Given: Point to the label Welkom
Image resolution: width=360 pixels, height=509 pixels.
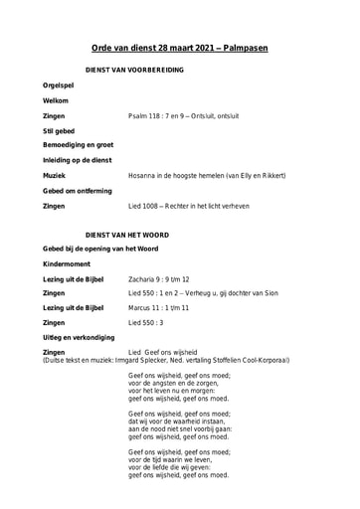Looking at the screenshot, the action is click(x=57, y=101).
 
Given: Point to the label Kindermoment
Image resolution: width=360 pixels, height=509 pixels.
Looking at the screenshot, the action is click(x=68, y=263).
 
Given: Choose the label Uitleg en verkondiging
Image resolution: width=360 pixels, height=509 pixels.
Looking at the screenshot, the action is click(x=79, y=338).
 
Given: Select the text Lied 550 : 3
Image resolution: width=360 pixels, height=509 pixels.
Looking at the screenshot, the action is click(x=148, y=323).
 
